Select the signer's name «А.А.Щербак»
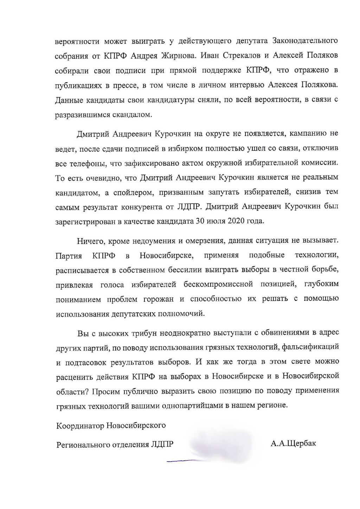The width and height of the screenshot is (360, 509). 293,443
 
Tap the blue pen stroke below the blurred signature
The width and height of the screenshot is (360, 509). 181,460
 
